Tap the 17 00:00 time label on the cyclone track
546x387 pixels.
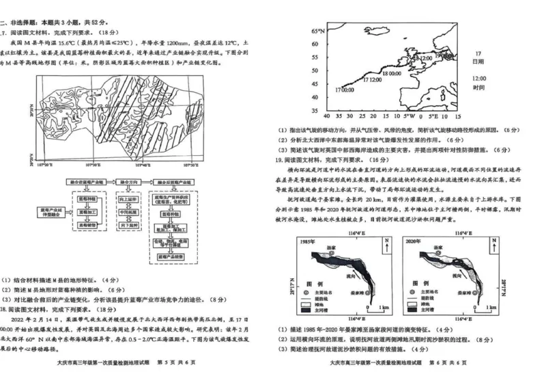pyautogui.click(x=345, y=90)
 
